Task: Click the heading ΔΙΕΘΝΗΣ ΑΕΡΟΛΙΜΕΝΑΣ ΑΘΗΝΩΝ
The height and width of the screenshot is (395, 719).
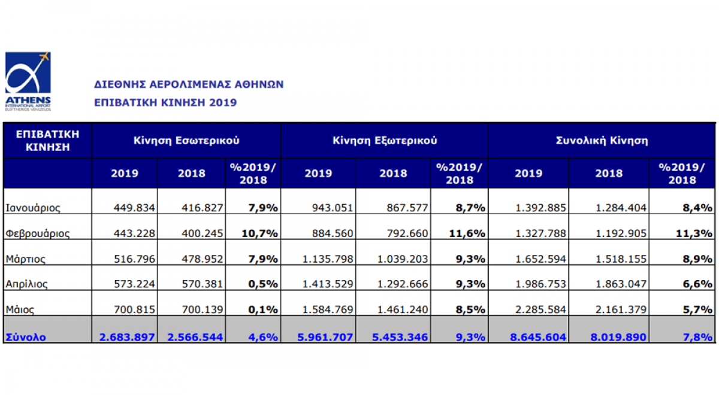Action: click(189, 84)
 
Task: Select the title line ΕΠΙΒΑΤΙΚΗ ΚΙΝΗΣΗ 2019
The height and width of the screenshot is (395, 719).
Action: click(165, 102)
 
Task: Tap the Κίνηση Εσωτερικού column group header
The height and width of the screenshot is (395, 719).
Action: click(186, 141)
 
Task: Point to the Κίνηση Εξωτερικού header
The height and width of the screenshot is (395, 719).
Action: click(385, 141)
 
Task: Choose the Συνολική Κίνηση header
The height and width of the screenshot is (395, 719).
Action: click(602, 141)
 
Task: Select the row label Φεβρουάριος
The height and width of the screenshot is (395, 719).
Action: click(38, 233)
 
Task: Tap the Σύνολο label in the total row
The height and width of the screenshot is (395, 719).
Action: click(26, 338)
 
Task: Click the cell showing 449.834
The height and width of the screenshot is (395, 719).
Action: click(134, 208)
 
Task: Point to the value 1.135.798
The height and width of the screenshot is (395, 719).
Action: click(325, 259)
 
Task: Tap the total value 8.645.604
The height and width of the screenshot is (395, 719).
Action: click(537, 338)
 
